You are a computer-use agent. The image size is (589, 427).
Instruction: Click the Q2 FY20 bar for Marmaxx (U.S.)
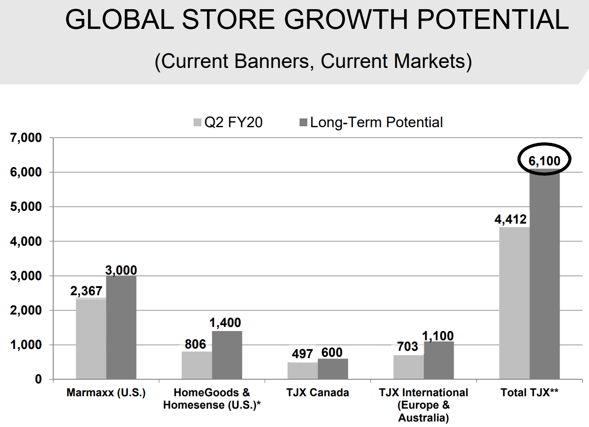tap(91, 338)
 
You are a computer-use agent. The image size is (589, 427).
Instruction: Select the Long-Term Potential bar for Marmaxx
tap(121, 327)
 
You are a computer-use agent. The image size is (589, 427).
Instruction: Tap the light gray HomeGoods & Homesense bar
tap(197, 365)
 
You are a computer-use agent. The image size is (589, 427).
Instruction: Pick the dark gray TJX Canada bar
tap(333, 369)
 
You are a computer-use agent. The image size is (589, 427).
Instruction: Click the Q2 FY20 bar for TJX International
tap(409, 367)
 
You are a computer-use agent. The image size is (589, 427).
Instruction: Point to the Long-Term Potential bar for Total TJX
tap(545, 274)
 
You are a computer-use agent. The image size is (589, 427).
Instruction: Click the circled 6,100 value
tap(545, 161)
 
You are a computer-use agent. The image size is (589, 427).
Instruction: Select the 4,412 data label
tap(511, 219)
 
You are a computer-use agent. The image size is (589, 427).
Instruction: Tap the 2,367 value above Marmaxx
tap(86, 291)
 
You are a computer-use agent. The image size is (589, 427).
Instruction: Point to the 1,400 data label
tap(225, 323)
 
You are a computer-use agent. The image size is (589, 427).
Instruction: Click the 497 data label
tap(302, 354)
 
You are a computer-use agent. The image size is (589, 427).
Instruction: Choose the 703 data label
tap(407, 347)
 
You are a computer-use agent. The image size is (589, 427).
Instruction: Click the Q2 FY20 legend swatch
tap(197, 123)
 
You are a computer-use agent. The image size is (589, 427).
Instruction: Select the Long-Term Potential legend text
tap(377, 123)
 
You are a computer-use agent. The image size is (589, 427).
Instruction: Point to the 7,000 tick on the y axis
tap(26, 138)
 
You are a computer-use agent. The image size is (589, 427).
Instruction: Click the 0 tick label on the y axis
tap(39, 379)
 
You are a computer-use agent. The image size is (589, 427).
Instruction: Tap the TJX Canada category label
tap(317, 393)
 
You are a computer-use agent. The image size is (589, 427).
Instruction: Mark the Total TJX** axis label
tap(529, 393)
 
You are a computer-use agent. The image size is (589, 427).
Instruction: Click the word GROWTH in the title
tap(346, 19)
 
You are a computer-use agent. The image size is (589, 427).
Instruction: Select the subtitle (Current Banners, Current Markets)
tap(313, 62)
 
